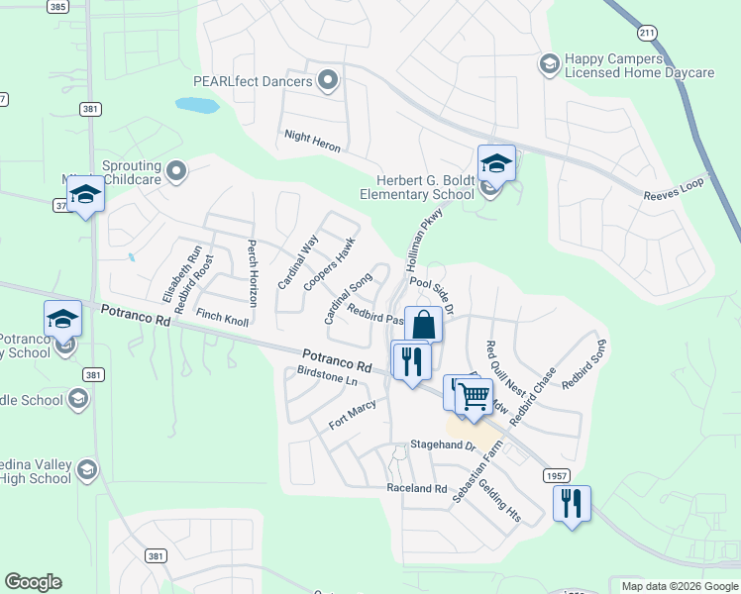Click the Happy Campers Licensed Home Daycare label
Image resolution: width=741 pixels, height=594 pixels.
pos(639,65)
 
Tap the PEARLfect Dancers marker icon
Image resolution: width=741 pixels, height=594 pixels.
pos(328,80)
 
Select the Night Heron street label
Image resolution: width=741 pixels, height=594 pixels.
pos(312,141)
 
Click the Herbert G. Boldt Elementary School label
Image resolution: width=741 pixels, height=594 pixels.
pos(425,187)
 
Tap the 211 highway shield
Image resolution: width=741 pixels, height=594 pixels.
pos(648,34)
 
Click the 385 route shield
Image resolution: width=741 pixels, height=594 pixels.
pos(58,6)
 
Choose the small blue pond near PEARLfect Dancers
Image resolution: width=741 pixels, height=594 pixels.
pos(196,105)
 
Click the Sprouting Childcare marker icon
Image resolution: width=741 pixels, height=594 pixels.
pos(177,171)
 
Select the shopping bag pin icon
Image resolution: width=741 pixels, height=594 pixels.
pos(423,324)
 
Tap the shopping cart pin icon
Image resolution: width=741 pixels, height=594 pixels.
pos(475,396)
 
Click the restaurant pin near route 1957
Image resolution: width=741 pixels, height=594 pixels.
pos(572,504)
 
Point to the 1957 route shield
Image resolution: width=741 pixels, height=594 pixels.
pos(557,476)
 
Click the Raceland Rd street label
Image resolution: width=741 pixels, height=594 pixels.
pos(417,489)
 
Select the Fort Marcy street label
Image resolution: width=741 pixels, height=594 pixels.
pos(353,416)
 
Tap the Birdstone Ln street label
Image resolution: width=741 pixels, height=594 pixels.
pos(327,376)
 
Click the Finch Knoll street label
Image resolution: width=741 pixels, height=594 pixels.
pos(223,317)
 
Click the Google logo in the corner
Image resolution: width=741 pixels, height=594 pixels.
pos(33,582)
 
